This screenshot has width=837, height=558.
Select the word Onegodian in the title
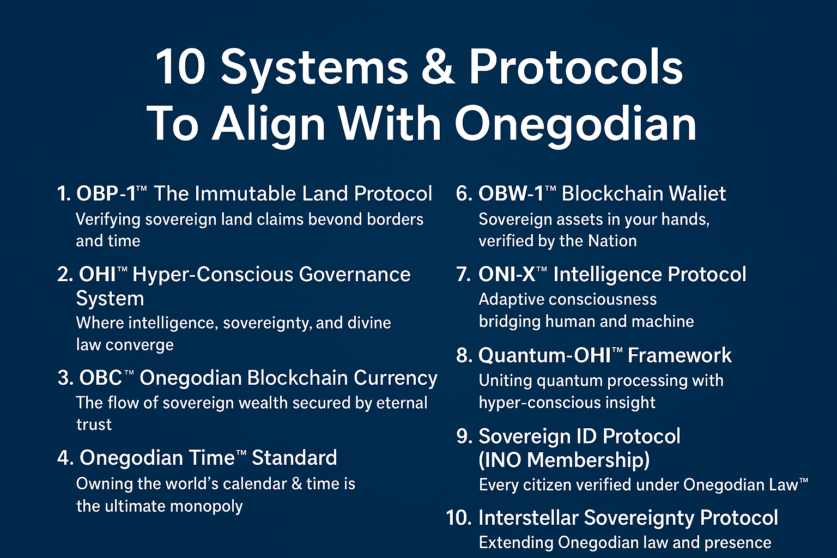(x=575, y=124)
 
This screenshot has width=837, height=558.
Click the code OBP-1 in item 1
(x=106, y=193)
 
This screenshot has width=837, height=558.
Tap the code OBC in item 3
(x=100, y=378)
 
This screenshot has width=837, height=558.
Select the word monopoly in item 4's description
(x=207, y=507)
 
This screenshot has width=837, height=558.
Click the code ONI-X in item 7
(x=507, y=275)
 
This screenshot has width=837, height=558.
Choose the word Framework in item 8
(x=680, y=355)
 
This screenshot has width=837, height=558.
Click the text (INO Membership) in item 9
(x=564, y=460)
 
